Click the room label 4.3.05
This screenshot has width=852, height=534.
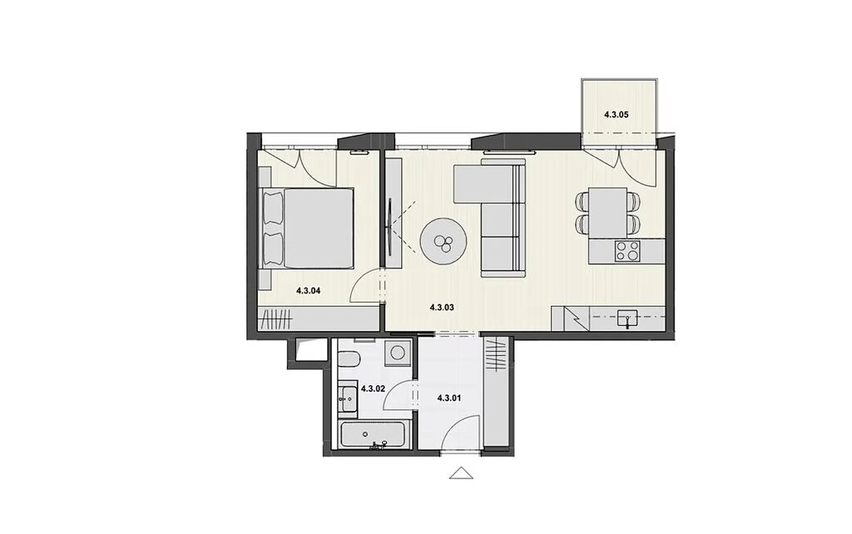617,115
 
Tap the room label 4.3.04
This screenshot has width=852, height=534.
308,290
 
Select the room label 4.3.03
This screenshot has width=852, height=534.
441,308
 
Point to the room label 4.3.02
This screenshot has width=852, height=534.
373,389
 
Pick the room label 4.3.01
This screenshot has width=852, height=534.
448,398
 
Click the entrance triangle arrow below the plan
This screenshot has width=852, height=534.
461,473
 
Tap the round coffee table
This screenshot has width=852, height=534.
444,242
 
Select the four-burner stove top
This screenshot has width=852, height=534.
627,251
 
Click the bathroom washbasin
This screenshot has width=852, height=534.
347,399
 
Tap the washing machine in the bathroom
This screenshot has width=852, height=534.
398,353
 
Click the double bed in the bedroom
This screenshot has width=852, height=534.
308,228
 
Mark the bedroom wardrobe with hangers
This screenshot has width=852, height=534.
276,319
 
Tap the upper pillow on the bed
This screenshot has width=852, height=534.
273,207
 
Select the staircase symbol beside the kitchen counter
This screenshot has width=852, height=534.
571,319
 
